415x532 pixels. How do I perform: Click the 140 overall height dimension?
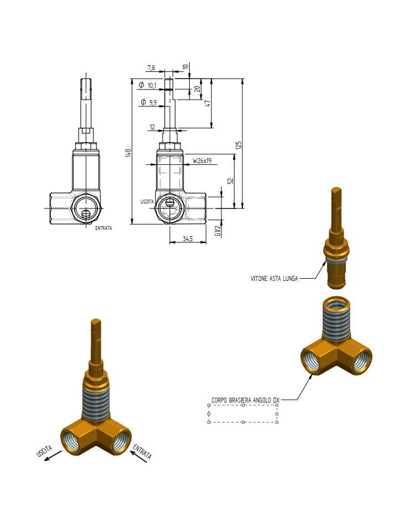tap(128, 153)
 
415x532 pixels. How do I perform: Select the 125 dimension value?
tap(238, 145)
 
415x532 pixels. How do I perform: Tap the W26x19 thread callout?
tap(202, 161)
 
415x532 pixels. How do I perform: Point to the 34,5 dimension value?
tap(188, 239)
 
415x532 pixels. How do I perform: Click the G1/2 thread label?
tap(218, 231)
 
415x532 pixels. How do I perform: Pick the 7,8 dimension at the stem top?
tap(151, 68)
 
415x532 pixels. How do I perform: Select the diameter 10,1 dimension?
tap(148, 85)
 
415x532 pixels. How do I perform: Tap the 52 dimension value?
tap(231, 181)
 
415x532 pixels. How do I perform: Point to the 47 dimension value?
tap(207, 103)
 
